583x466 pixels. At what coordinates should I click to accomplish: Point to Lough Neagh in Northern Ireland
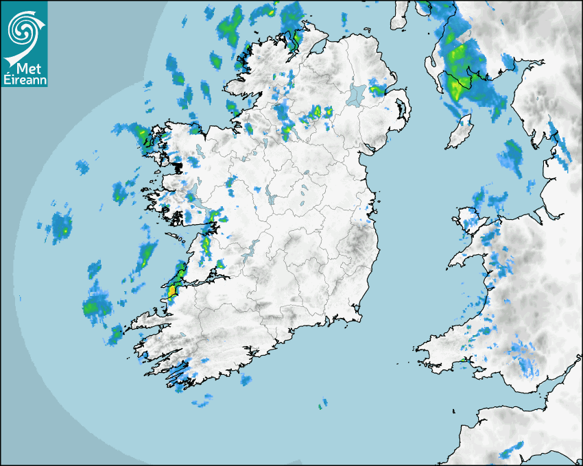357,94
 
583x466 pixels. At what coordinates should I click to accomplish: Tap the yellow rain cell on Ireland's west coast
171,291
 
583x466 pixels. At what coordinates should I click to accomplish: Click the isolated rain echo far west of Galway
61,225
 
